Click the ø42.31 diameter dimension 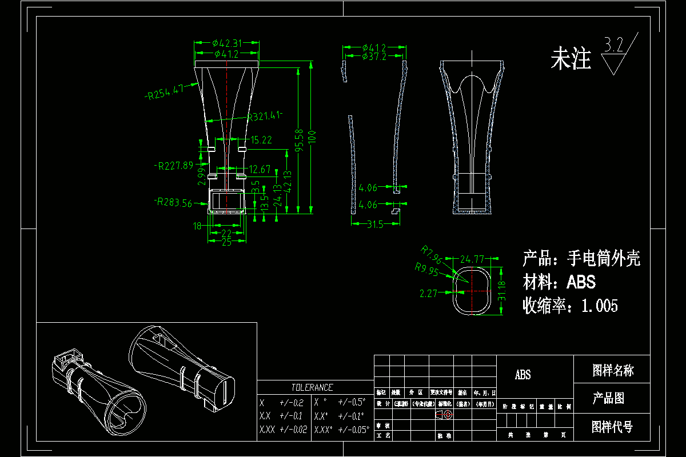click(227, 42)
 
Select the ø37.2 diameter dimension click(374, 56)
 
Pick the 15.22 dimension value click(261, 139)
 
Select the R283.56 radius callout click(174, 202)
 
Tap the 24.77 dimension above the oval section click(472, 258)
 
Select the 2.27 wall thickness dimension click(428, 293)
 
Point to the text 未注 click(570, 59)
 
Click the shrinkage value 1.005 click(600, 306)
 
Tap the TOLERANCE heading click(312, 387)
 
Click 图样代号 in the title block click(612, 427)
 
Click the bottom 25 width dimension click(227, 242)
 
